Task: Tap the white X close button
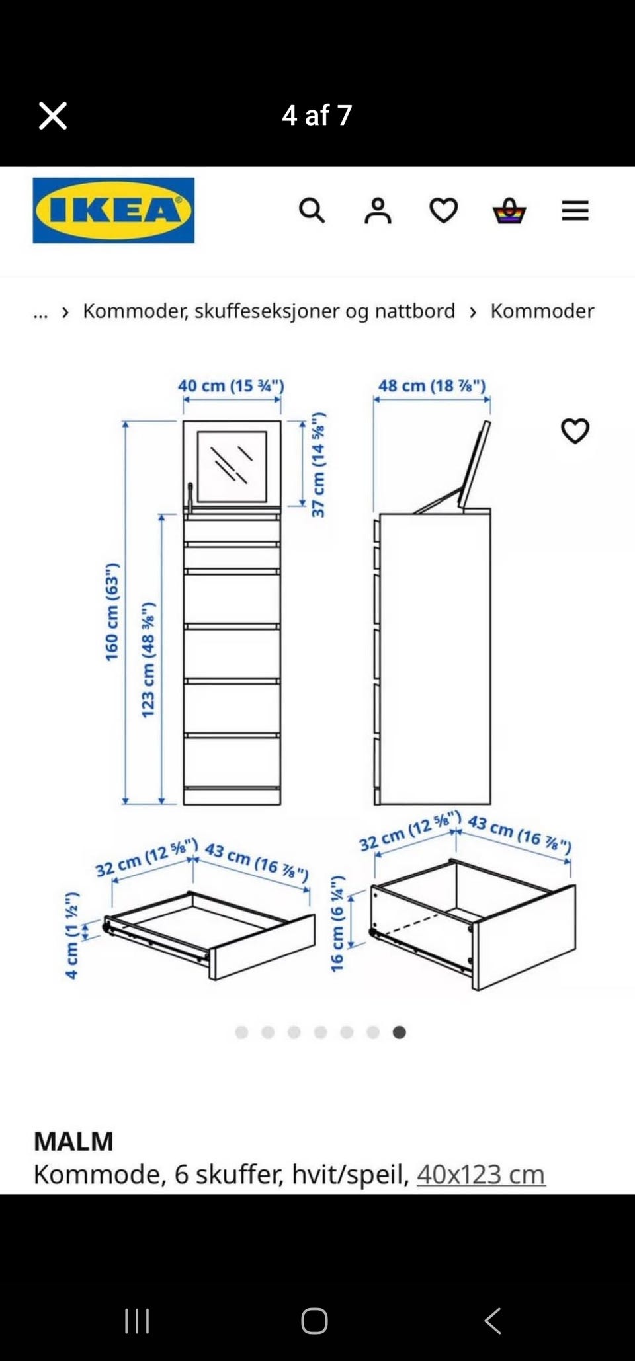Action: click(53, 116)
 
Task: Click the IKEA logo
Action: click(114, 210)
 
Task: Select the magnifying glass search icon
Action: click(312, 211)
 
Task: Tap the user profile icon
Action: click(378, 211)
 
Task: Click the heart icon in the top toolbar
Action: click(443, 211)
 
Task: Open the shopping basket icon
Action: click(509, 211)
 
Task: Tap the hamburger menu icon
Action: click(575, 211)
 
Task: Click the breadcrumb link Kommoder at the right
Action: click(542, 311)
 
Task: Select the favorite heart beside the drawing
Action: click(575, 431)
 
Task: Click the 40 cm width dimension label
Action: click(231, 385)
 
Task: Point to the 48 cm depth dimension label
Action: click(432, 385)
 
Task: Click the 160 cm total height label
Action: click(112, 612)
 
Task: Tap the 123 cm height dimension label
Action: click(148, 660)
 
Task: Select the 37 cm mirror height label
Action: click(318, 465)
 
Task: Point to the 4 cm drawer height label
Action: click(72, 935)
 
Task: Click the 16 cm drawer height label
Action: click(337, 923)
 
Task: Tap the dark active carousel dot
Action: click(399, 1032)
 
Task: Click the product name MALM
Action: click(73, 1142)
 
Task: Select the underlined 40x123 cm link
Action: click(481, 1175)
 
